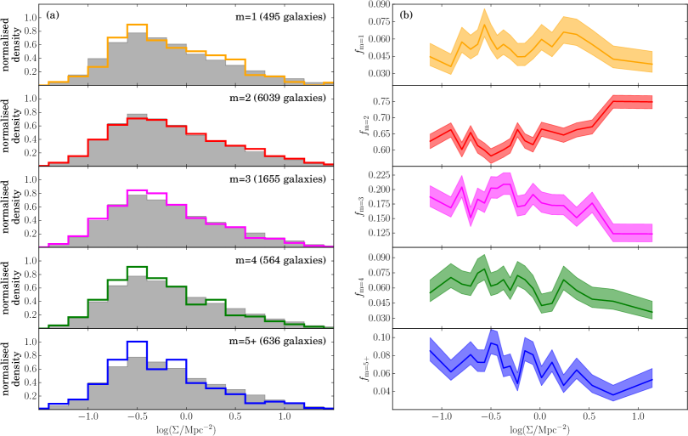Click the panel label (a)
tap(53, 14)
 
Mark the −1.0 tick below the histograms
tap(87, 418)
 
